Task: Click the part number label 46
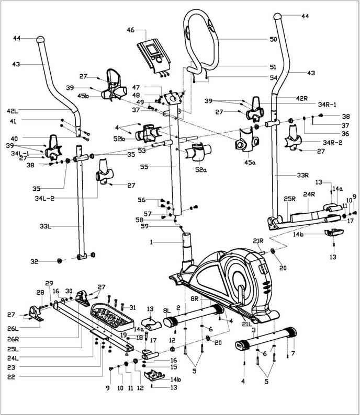(131, 30)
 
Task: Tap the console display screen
(152, 50)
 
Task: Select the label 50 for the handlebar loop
(273, 39)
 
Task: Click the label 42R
(302, 98)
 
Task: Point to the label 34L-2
(44, 198)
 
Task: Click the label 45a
(250, 163)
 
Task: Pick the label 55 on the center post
(144, 167)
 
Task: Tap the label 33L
(46, 226)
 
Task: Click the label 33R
(303, 175)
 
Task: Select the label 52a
(201, 170)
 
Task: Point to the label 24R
(309, 194)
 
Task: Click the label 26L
(13, 328)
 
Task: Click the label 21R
(258, 241)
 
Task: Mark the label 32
(35, 261)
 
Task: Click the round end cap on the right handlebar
(277, 16)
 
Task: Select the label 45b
(83, 96)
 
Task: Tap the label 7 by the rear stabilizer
(293, 353)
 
